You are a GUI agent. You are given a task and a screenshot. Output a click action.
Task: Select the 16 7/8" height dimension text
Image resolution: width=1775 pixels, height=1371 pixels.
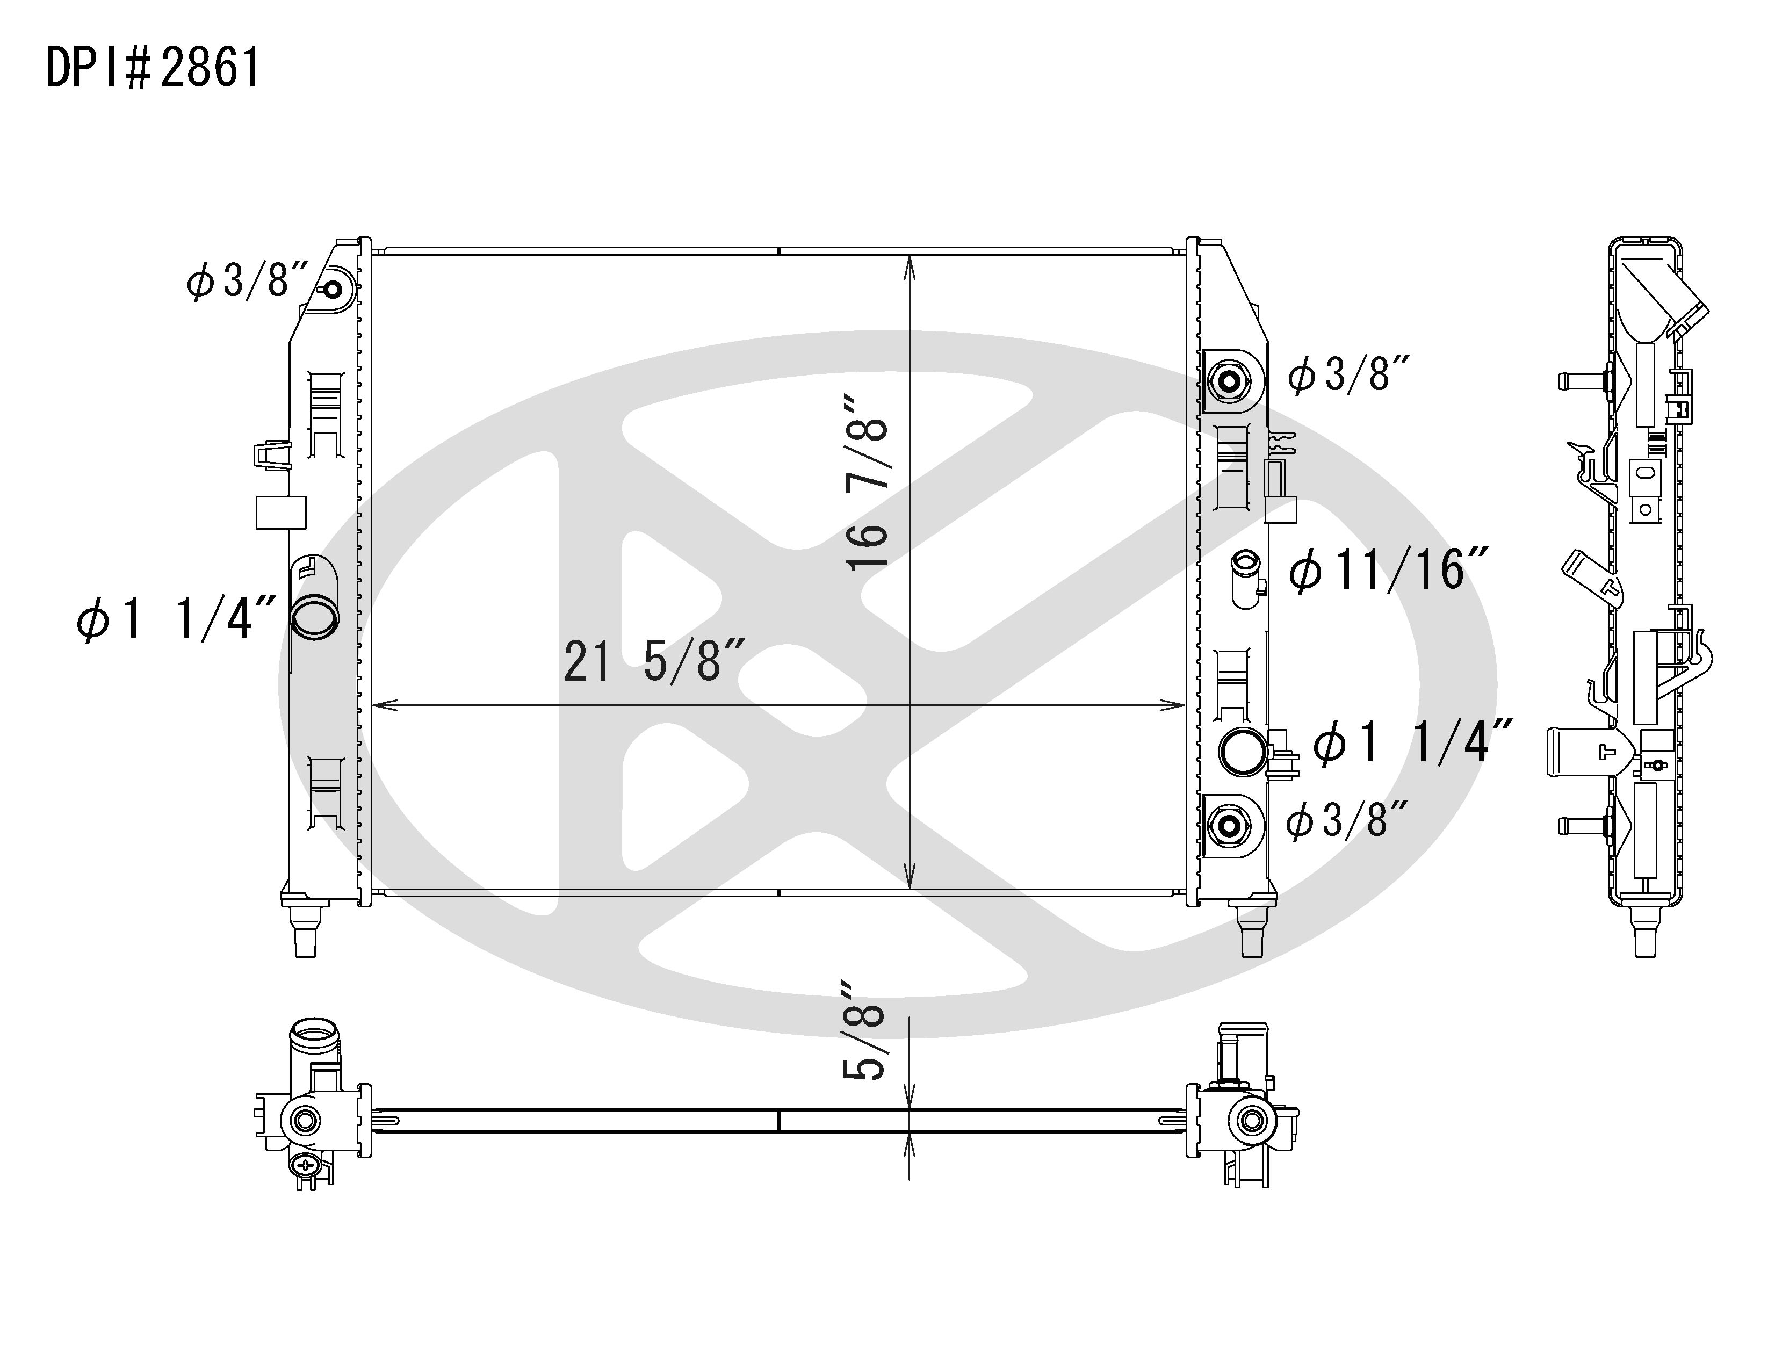pos(867,484)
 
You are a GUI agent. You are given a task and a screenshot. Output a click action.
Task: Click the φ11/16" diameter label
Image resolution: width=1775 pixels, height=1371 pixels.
pos(1388,569)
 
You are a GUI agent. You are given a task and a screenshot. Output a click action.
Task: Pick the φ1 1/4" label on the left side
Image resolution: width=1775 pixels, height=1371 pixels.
pos(176,618)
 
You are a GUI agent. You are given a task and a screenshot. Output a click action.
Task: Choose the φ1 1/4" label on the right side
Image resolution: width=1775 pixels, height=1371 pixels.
pos(1412,741)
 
